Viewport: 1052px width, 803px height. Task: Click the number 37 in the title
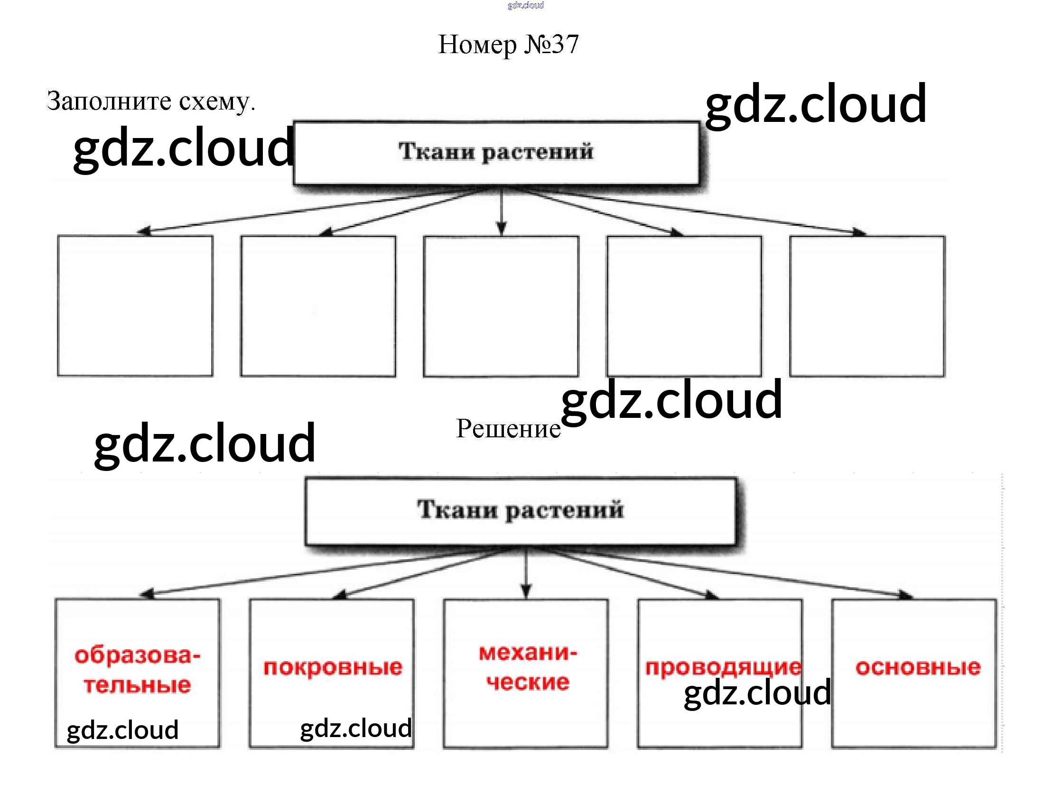pos(565,45)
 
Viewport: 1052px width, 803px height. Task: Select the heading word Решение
pos(508,429)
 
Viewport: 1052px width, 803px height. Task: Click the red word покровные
pos(333,667)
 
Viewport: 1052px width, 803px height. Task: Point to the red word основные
pos(918,667)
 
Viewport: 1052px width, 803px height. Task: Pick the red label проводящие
pos(723,667)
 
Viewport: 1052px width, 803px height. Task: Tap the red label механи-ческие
pos(528,667)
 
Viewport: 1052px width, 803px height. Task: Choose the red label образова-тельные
pos(137,670)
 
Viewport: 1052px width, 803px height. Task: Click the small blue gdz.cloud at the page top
pos(525,5)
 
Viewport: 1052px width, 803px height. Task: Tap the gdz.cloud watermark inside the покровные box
pos(356,728)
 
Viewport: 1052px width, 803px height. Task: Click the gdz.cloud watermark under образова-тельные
pos(122,730)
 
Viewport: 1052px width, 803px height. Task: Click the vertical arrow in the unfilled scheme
pos(501,210)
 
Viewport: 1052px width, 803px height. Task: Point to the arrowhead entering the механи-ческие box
pos(526,593)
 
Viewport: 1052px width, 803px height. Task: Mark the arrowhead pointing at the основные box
pos(905,596)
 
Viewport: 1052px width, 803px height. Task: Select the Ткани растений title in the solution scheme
pos(520,509)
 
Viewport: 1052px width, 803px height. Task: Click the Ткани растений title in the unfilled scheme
pos(496,152)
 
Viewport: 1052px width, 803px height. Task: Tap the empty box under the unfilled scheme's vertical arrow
pos(501,306)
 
